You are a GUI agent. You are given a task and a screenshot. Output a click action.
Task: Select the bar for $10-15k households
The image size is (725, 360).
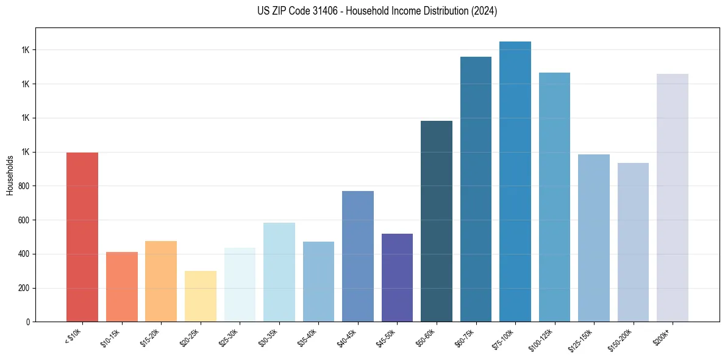click(x=121, y=287)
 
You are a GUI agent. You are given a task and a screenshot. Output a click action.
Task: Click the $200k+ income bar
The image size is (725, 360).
click(x=673, y=198)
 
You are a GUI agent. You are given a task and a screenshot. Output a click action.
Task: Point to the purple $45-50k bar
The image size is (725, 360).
click(x=397, y=278)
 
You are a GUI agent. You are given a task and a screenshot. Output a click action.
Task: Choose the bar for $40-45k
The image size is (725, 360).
click(x=358, y=256)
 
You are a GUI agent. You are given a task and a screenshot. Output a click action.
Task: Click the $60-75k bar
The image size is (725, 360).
click(x=476, y=189)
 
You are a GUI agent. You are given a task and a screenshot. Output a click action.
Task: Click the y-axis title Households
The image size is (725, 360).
click(x=10, y=175)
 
